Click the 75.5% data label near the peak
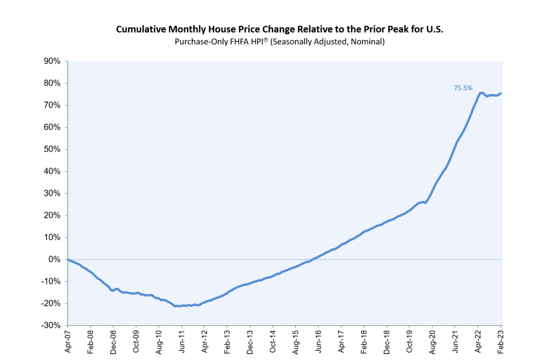click(x=463, y=87)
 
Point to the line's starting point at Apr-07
click(x=68, y=260)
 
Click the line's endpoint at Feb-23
click(x=501, y=93)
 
